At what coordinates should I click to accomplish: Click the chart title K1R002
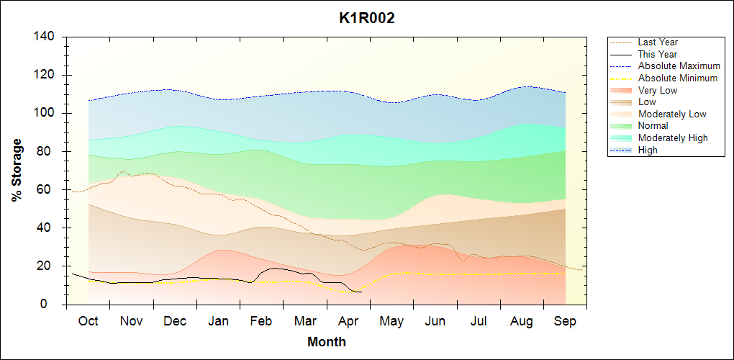click(x=367, y=19)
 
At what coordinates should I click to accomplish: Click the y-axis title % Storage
click(x=17, y=170)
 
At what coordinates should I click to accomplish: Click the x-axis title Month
click(x=327, y=342)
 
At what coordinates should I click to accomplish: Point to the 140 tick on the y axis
click(x=48, y=37)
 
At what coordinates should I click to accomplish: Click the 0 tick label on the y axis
click(x=54, y=305)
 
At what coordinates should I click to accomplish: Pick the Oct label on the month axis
click(x=88, y=321)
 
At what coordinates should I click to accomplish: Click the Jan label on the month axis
click(x=218, y=321)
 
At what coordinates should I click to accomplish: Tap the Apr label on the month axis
click(x=348, y=321)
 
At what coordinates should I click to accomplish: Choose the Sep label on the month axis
click(x=565, y=321)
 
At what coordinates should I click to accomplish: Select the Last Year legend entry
click(x=658, y=42)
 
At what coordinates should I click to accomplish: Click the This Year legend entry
click(x=657, y=54)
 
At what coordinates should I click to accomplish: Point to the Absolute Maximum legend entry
click(x=679, y=66)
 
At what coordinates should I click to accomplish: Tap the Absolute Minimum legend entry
click(x=677, y=78)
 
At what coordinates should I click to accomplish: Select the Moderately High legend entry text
click(x=673, y=138)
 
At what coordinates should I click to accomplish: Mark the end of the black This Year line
click(x=361, y=292)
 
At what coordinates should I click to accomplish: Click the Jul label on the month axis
click(x=479, y=321)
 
